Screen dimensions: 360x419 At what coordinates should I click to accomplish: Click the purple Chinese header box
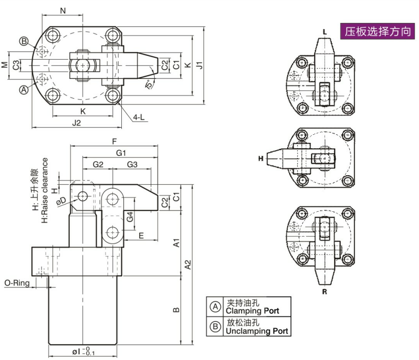click(x=378, y=32)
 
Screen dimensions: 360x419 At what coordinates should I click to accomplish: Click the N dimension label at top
click(x=63, y=10)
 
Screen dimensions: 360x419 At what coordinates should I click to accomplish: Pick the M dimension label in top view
click(x=4, y=64)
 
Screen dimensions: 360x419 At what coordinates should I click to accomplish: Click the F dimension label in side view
click(x=114, y=141)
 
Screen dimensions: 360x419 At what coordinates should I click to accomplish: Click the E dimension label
click(x=141, y=235)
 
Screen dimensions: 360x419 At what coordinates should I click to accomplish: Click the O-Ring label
click(x=16, y=283)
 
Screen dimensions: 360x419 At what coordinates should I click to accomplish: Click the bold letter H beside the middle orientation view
click(x=261, y=158)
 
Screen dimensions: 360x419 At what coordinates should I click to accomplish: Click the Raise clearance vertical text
click(x=45, y=191)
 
